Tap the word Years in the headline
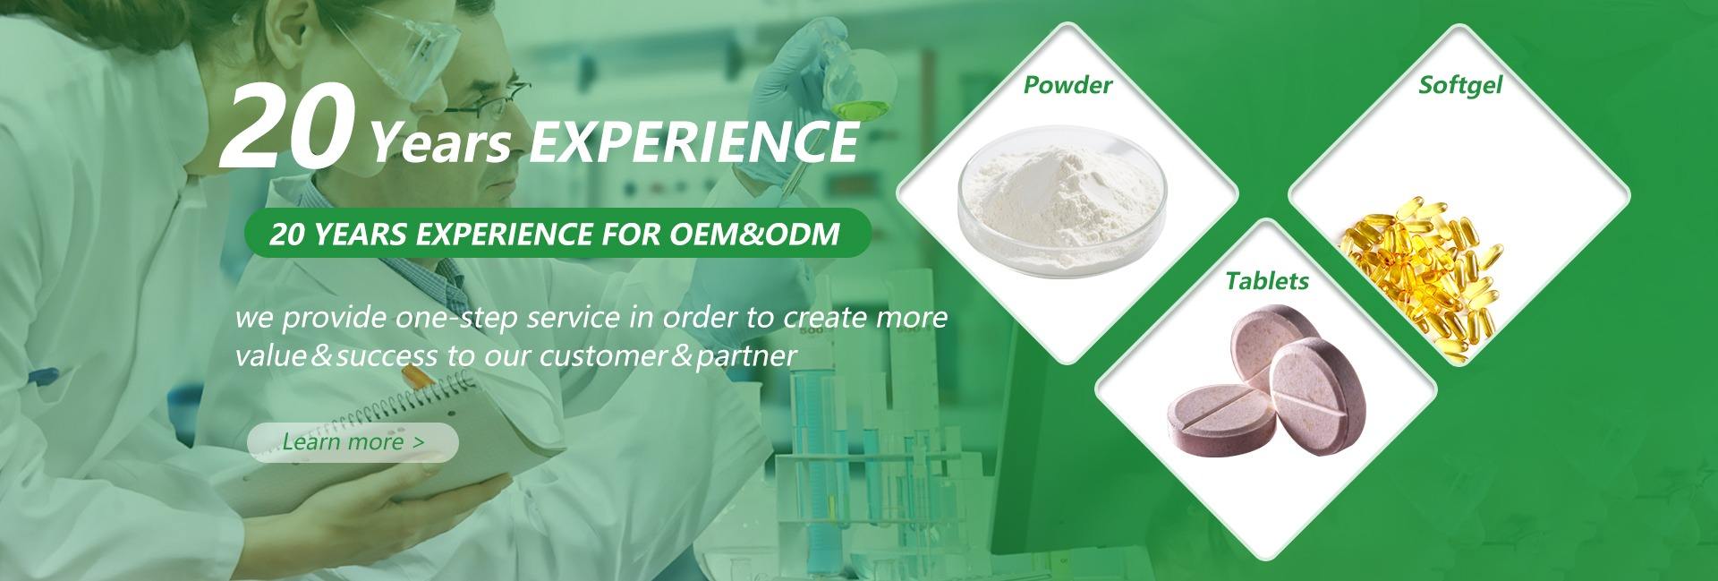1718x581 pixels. click(x=442, y=145)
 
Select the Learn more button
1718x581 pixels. click(x=353, y=442)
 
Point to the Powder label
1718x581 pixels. click(x=1067, y=85)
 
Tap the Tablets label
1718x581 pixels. click(x=1267, y=281)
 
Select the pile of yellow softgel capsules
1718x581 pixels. click(x=1414, y=269)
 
